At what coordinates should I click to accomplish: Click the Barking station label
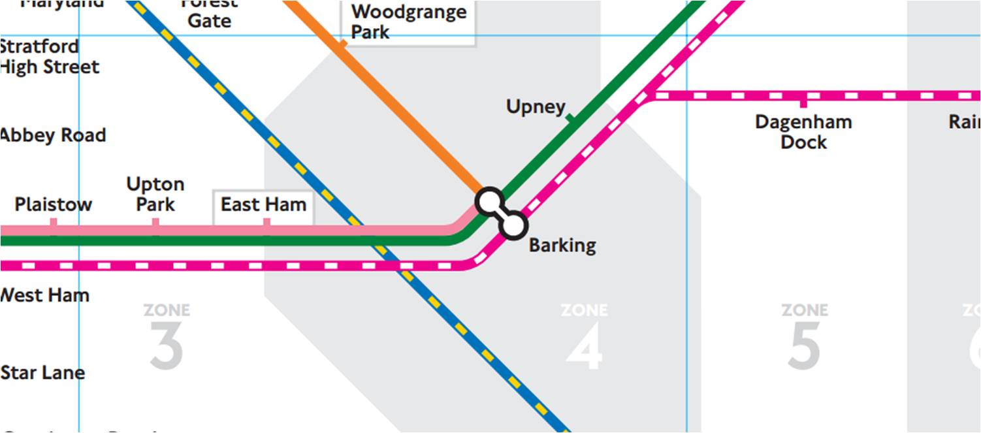coord(562,246)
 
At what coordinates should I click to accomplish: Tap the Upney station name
coord(536,106)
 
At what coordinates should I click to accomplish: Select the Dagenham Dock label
coord(803,132)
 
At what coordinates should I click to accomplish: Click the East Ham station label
coord(263,204)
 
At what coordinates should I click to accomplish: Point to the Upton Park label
coord(155,194)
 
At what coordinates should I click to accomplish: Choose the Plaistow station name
coord(54,204)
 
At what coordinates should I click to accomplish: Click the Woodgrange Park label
coord(408,22)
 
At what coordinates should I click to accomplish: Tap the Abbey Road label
coord(52,136)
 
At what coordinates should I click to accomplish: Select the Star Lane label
coord(43,373)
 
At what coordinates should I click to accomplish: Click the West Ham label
coord(44,295)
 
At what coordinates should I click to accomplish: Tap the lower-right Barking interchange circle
coord(514,225)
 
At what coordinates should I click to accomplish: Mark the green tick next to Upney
coord(570,118)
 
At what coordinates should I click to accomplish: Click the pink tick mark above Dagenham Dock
coord(803,103)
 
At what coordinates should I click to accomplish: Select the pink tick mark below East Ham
coord(266,223)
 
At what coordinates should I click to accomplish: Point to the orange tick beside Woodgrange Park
coord(340,46)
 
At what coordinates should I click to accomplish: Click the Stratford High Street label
coord(49,57)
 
